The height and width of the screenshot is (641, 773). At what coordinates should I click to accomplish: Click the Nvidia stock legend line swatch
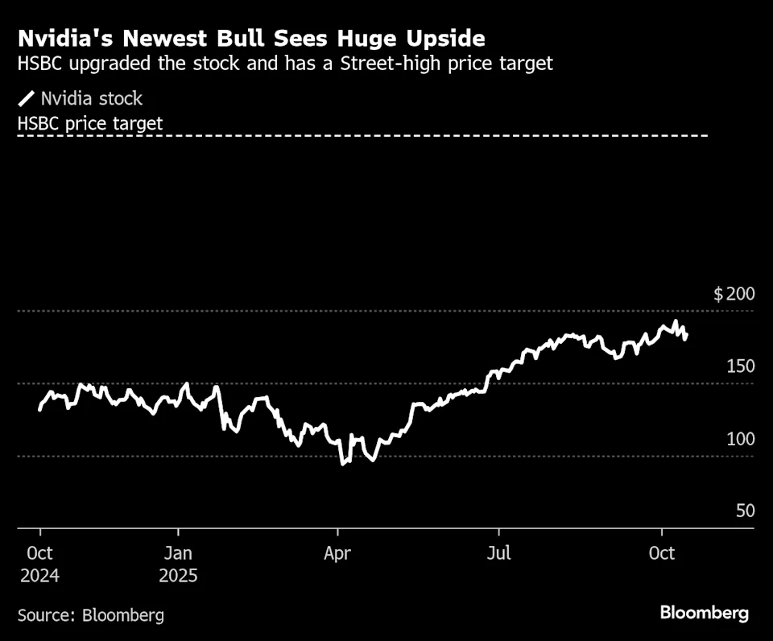(x=27, y=99)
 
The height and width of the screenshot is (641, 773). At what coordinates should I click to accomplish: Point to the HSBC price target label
(x=90, y=123)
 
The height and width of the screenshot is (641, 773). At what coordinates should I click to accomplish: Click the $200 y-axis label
(x=734, y=294)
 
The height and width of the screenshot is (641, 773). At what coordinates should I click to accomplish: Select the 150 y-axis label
(x=741, y=366)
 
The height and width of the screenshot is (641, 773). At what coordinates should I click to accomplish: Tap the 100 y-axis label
(x=741, y=439)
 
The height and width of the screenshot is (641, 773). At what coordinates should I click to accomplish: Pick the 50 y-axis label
(x=745, y=511)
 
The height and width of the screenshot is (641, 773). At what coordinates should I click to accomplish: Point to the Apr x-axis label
(x=338, y=554)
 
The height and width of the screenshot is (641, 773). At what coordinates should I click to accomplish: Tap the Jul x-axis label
(x=499, y=554)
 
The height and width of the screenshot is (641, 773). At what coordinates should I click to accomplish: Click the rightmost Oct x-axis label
(x=661, y=554)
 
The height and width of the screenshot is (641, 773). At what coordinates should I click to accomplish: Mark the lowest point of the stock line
(x=343, y=463)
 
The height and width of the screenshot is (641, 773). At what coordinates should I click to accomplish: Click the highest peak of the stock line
(x=676, y=322)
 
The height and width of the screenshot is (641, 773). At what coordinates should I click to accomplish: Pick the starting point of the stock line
(x=39, y=410)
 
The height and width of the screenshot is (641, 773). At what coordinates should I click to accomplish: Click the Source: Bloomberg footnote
(x=91, y=615)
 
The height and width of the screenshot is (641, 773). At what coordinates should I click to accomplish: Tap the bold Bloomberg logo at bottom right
(x=705, y=613)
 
